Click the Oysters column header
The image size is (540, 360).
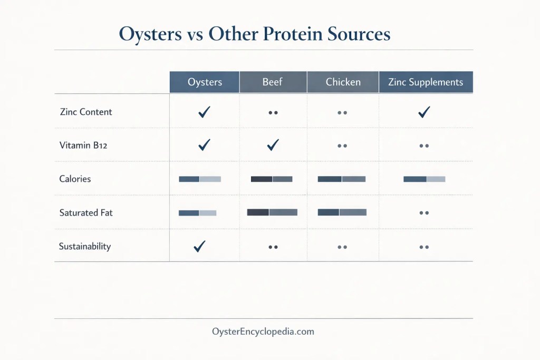pyautogui.click(x=205, y=82)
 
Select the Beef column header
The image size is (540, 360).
pyautogui.click(x=273, y=82)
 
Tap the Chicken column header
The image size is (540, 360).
pyautogui.click(x=343, y=82)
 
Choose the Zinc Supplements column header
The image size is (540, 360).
pyautogui.click(x=425, y=82)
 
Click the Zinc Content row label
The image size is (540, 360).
pyautogui.click(x=86, y=112)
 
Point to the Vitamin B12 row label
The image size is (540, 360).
pyautogui.click(x=83, y=145)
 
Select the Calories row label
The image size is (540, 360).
pyautogui.click(x=75, y=179)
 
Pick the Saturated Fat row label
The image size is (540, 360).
pyautogui.click(x=86, y=213)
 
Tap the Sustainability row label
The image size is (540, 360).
pyautogui.click(x=85, y=246)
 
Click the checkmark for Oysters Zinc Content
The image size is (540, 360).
pyautogui.click(x=204, y=112)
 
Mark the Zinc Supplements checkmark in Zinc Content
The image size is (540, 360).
pyautogui.click(x=423, y=112)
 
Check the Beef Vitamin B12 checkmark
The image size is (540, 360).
pyautogui.click(x=273, y=145)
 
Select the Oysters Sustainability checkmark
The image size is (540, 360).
pyautogui.click(x=199, y=246)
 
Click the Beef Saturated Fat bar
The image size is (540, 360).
pyautogui.click(x=272, y=212)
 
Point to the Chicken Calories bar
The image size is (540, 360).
pyautogui.click(x=341, y=179)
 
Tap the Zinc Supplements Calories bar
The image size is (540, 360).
pyautogui.click(x=424, y=179)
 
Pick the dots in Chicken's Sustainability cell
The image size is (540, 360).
pyautogui.click(x=342, y=247)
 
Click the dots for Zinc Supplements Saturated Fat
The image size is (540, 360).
pyautogui.click(x=423, y=213)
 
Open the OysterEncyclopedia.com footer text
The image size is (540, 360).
pyautogui.click(x=263, y=332)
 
